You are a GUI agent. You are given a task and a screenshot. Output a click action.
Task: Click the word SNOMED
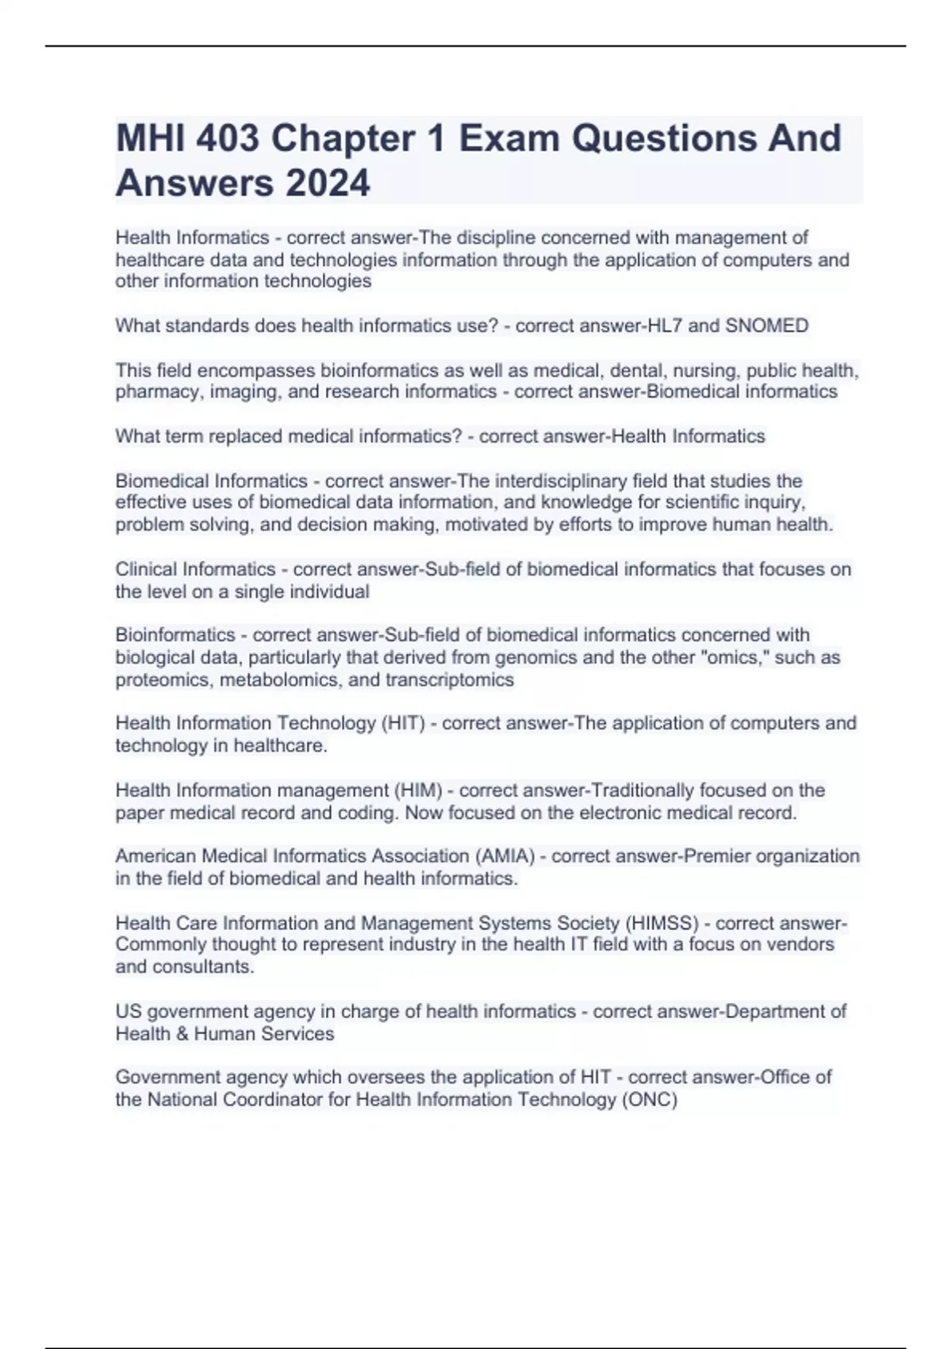point(767,325)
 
